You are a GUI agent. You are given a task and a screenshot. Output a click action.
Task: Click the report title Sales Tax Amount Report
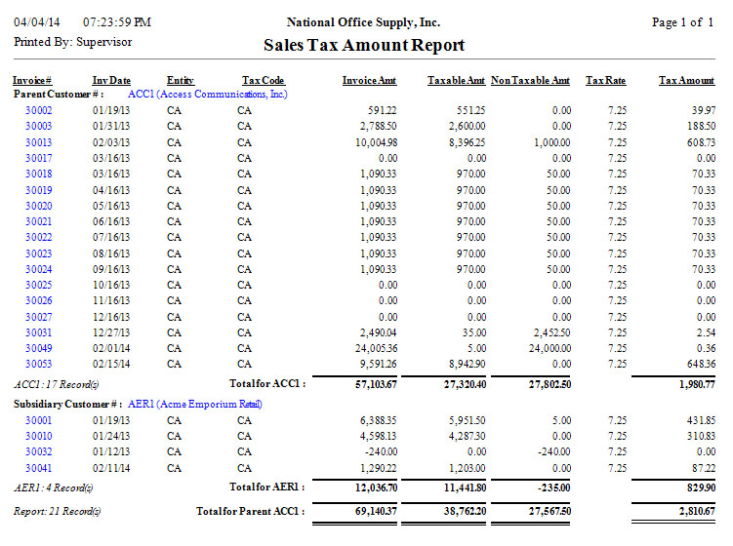[x=364, y=45]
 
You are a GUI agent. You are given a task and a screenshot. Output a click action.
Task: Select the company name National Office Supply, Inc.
[x=363, y=21]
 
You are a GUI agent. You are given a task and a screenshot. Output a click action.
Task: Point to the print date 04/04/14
[x=38, y=21]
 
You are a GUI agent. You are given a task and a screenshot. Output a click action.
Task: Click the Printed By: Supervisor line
[x=72, y=42]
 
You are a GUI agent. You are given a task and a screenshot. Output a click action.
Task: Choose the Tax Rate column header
[x=605, y=80]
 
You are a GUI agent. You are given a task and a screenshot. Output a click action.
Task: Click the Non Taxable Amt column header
[x=530, y=80]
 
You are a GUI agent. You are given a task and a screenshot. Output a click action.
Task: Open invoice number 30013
[x=38, y=142]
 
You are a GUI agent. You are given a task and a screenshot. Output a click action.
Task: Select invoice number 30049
[x=38, y=348]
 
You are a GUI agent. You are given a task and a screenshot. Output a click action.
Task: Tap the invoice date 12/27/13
[x=111, y=332]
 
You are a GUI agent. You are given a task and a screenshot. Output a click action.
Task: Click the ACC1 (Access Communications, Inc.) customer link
[x=208, y=95]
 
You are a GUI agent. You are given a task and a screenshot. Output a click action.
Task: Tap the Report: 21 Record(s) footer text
[x=56, y=511]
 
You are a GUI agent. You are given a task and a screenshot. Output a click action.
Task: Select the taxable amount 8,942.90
[x=466, y=364]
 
